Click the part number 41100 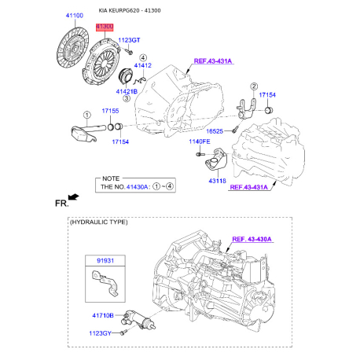coord(75,16)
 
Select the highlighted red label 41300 coord(105,27)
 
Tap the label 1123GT coord(129,40)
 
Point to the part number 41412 coord(143,65)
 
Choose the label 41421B coord(127,92)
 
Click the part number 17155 coord(110,111)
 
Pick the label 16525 coord(215,131)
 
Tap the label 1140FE coord(200,141)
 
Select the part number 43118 coord(217,181)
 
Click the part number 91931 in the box coord(105,261)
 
